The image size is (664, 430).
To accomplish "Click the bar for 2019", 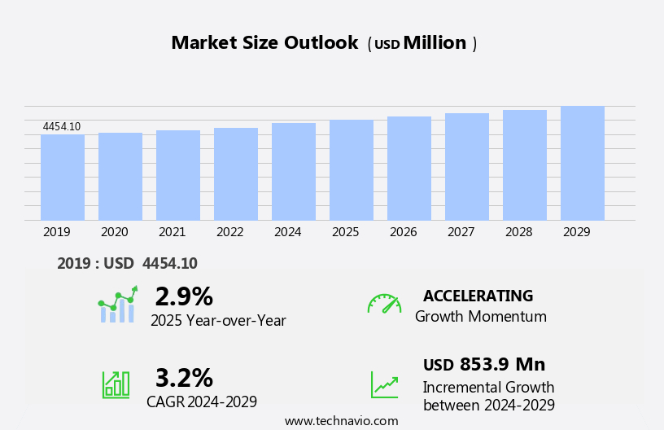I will [63, 178].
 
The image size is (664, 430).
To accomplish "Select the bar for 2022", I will [236, 174].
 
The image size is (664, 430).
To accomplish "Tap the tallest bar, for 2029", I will [583, 163].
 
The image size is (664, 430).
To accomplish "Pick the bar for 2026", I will [409, 169].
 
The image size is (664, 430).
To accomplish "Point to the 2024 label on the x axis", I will [288, 232].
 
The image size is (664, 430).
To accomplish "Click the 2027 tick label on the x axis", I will [461, 232].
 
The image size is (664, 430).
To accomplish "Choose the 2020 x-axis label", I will [115, 232].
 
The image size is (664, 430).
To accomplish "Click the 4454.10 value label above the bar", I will [62, 126].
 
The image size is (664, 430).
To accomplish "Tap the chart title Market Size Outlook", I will [264, 43].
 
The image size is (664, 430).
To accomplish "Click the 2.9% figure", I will [184, 296].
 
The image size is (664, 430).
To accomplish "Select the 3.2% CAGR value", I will [184, 378].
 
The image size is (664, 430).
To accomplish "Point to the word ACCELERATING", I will [478, 296].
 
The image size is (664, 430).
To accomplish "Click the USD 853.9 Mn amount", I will [484, 364].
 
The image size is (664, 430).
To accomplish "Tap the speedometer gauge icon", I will [384, 304].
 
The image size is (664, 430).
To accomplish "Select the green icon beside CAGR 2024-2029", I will [116, 384].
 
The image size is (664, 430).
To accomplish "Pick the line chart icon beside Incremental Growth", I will [384, 384].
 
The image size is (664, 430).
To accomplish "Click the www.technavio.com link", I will [341, 421].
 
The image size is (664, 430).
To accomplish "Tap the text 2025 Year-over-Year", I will [218, 321].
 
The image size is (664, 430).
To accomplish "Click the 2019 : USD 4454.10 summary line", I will [127, 263].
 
